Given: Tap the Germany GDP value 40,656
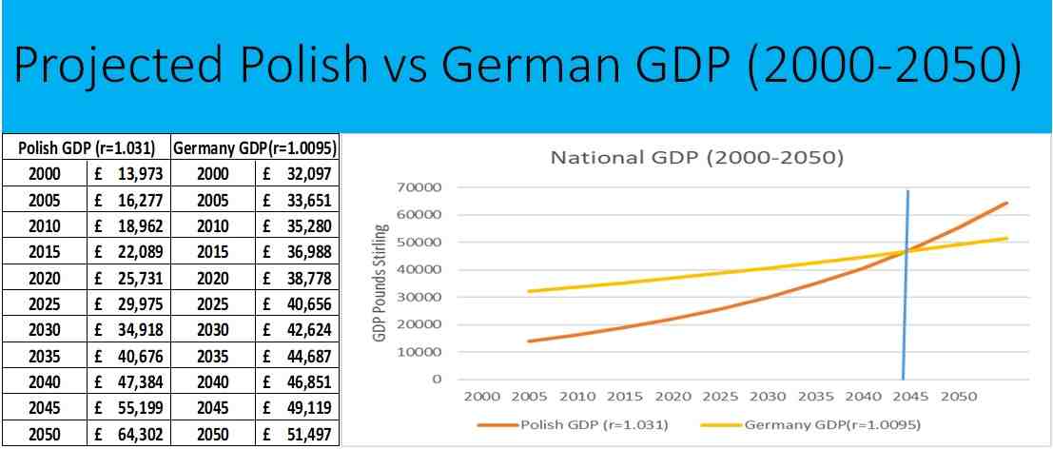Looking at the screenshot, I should (306, 304).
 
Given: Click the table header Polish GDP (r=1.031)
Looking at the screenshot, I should (87, 149).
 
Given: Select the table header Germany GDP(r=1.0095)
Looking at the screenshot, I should (256, 149).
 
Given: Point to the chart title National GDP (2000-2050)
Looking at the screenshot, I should (696, 157).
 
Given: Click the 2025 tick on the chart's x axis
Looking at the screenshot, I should (721, 396).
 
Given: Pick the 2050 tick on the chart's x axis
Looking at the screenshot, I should (959, 396).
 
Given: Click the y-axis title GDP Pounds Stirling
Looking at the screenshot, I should (385, 283).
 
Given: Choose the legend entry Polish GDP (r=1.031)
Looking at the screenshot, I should (588, 424).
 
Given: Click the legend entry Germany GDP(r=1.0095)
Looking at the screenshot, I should (830, 424).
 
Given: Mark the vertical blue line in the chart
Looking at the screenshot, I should (906, 285).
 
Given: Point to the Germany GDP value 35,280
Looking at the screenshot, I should (306, 226).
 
